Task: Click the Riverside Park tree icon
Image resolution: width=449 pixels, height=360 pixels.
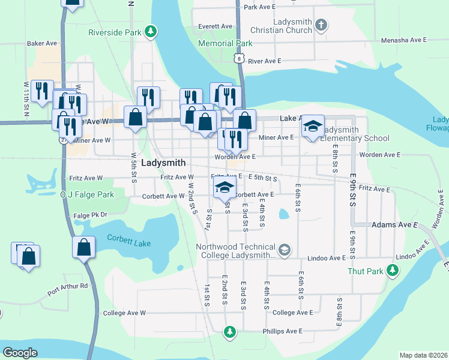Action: click(151, 31)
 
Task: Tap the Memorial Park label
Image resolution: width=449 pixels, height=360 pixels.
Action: click(225, 44)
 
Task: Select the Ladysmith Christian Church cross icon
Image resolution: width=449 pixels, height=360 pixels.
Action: click(321, 25)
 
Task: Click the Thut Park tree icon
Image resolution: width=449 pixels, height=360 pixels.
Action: click(393, 271)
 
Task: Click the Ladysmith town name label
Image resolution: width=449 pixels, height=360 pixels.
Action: click(163, 163)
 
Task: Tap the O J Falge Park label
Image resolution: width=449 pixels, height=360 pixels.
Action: click(86, 195)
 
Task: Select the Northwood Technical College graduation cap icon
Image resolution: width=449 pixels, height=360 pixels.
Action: click(285, 250)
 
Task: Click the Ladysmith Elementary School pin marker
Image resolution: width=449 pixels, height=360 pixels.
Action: click(312, 127)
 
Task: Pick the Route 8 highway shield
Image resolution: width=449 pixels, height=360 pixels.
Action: click(239, 58)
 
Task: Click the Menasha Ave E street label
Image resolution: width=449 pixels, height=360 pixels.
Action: click(403, 40)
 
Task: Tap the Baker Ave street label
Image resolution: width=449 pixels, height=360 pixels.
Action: click(41, 43)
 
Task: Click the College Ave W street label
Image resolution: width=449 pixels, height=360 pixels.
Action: click(124, 313)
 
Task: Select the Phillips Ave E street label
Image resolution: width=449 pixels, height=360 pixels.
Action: click(282, 331)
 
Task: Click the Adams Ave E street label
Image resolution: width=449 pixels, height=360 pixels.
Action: click(394, 224)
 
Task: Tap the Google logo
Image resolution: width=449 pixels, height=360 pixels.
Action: click(20, 353)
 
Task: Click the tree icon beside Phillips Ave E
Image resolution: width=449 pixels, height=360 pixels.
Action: click(229, 331)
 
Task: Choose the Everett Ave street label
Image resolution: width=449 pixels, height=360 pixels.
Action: click(215, 26)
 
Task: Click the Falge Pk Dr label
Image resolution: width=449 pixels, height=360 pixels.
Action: click(90, 215)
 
